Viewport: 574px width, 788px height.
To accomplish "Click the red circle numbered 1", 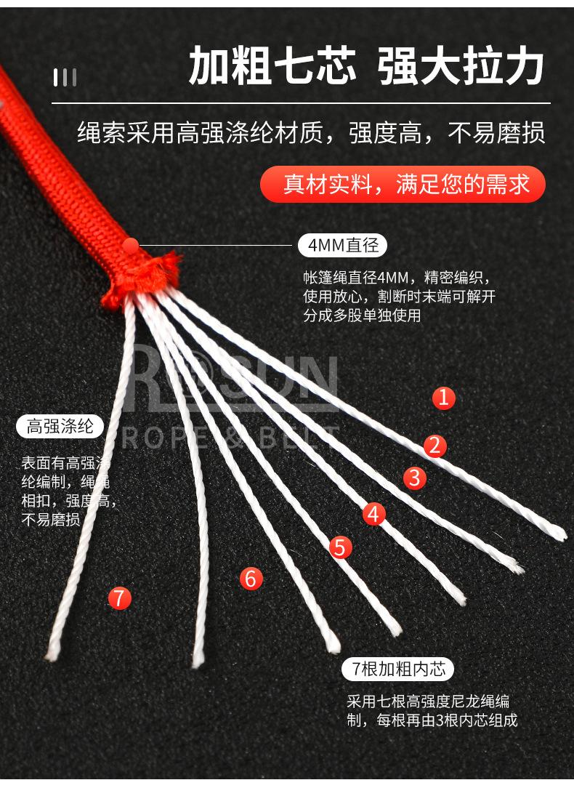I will click(444, 398).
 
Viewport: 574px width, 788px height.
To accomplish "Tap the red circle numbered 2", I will click(434, 445).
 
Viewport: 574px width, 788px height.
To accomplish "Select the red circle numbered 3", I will click(414, 478).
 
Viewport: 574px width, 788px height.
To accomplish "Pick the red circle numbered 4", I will click(373, 514).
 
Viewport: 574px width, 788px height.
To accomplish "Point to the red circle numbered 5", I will click(340, 547).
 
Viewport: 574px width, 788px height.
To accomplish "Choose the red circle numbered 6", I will click(251, 579).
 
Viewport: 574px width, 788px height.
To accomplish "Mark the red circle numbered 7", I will click(119, 598).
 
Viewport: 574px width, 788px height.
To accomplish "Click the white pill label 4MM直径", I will click(342, 246).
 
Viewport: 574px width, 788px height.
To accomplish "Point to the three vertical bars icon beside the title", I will click(65, 77).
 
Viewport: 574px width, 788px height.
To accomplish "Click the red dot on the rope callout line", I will click(131, 246).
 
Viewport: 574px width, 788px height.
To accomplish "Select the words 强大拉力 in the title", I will click(461, 67).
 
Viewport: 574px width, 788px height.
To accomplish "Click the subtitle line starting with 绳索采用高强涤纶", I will click(311, 134).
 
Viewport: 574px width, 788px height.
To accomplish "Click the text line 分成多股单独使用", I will click(362, 315).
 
